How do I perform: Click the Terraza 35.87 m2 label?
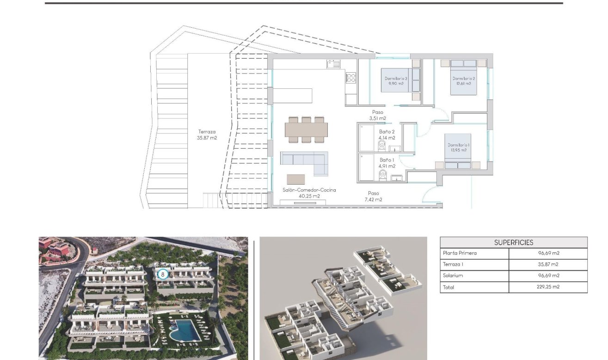click(207, 135)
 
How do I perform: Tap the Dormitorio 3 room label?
click(396, 81)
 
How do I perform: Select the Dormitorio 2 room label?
click(464, 81)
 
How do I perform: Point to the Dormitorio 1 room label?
click(458, 148)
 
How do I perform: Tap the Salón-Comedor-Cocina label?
click(309, 193)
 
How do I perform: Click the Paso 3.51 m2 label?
click(377, 115)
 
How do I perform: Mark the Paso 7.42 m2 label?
click(373, 197)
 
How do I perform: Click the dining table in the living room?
click(306, 130)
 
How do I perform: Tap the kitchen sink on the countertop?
click(333, 64)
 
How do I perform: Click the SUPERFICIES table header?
click(513, 242)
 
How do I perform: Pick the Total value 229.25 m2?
click(548, 287)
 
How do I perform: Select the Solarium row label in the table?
click(453, 276)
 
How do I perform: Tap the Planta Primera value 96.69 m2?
click(548, 254)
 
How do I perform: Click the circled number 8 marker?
click(162, 274)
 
